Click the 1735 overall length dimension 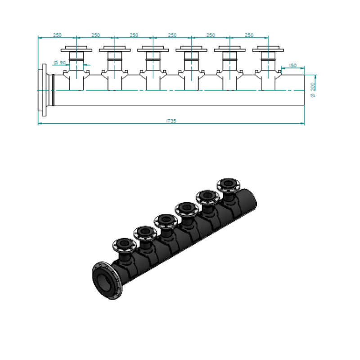[x=171, y=121]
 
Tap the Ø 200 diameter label [x=313, y=90]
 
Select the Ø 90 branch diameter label [x=60, y=63]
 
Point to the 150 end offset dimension [x=293, y=65]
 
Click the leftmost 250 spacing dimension [x=57, y=35]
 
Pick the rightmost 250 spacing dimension [x=249, y=35]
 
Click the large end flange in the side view [x=44, y=90]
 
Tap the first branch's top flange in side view [x=76, y=49]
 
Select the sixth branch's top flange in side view [x=268, y=49]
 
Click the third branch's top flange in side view [x=153, y=49]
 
